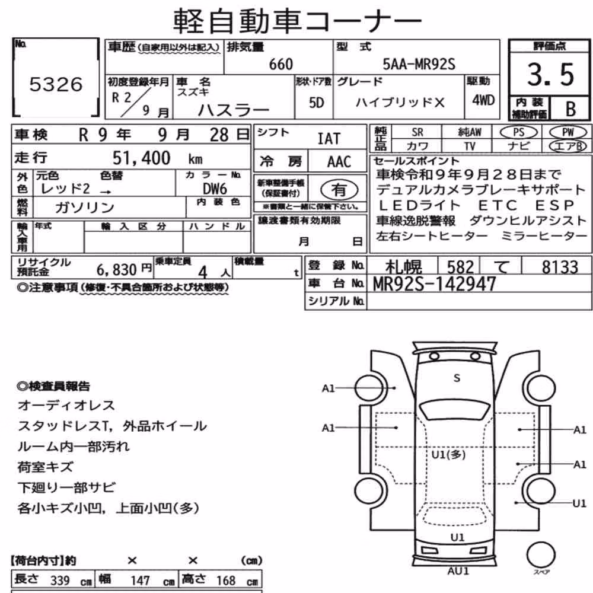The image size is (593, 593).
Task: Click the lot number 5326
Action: [x=56, y=84]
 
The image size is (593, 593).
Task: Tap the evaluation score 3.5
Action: [x=550, y=74]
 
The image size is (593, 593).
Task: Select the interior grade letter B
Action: [x=570, y=109]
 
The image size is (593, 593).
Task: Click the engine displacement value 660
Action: [x=281, y=64]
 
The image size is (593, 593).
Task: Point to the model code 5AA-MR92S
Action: [x=419, y=64]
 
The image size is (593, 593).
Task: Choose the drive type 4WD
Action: [x=483, y=100]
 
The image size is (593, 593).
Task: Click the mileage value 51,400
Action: [x=142, y=158]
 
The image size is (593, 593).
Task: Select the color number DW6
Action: [x=215, y=189]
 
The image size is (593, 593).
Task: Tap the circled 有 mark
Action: [x=339, y=190]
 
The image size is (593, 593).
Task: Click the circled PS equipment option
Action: [x=518, y=132]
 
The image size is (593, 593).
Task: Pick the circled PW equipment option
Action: [x=568, y=132]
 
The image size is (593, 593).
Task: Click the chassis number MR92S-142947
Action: [x=434, y=283]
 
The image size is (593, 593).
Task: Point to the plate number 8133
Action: [x=560, y=267]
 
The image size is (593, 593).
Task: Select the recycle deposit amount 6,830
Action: [x=116, y=270]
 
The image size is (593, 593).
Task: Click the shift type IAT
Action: [x=329, y=139]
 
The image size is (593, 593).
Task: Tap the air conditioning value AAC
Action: [x=339, y=162]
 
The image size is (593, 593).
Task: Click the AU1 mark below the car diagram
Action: [x=458, y=571]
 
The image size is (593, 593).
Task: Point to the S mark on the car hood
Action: [x=457, y=378]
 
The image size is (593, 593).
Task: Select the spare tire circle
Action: [x=541, y=555]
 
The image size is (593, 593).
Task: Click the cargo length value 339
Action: [x=60, y=580]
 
